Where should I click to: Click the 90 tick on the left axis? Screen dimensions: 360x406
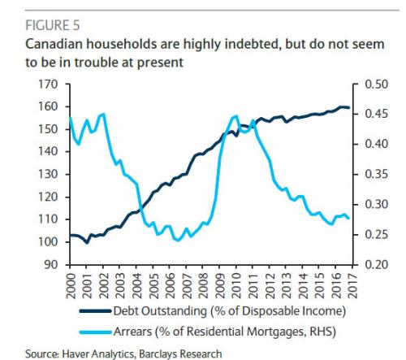(50, 265)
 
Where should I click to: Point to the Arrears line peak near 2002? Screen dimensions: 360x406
(102, 115)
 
